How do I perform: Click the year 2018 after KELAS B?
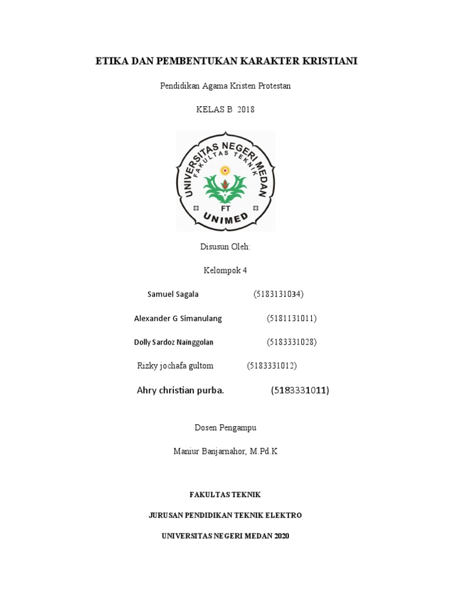click(x=246, y=109)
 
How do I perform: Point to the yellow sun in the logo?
click(x=224, y=171)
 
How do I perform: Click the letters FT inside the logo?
click(x=225, y=208)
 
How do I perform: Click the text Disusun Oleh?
click(x=225, y=247)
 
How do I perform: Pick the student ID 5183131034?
click(x=278, y=294)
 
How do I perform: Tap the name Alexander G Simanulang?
click(x=178, y=318)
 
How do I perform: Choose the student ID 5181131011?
click(x=292, y=318)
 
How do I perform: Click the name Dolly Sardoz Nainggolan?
click(x=174, y=342)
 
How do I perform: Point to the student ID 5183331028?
click(x=292, y=342)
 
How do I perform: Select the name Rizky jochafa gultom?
click(x=175, y=366)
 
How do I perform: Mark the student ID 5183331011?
click(x=299, y=390)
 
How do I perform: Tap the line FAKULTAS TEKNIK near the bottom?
click(x=225, y=495)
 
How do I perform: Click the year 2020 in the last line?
click(x=280, y=536)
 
